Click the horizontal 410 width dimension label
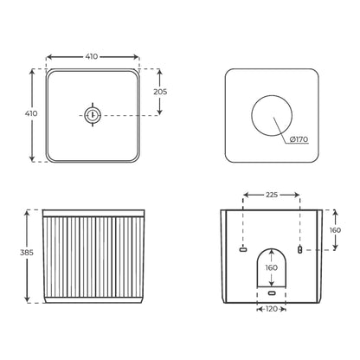tap(92, 57)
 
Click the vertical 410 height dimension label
tap(31, 113)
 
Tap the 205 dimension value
tap(160, 92)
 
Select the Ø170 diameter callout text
tap(299, 139)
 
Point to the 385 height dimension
tap(27, 253)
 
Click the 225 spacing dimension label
tap(272, 195)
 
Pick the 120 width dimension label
tap(271, 309)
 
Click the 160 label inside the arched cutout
tap(271, 268)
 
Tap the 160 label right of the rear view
tap(335, 230)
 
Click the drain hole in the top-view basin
tap(93, 115)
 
